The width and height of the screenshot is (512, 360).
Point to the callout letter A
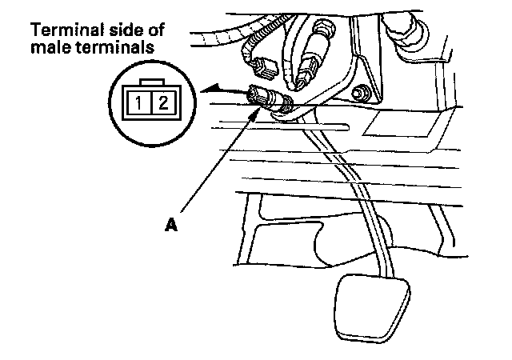click(170, 226)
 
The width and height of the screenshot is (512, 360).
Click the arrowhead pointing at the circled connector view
click(210, 91)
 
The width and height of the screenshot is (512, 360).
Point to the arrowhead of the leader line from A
click(258, 110)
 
